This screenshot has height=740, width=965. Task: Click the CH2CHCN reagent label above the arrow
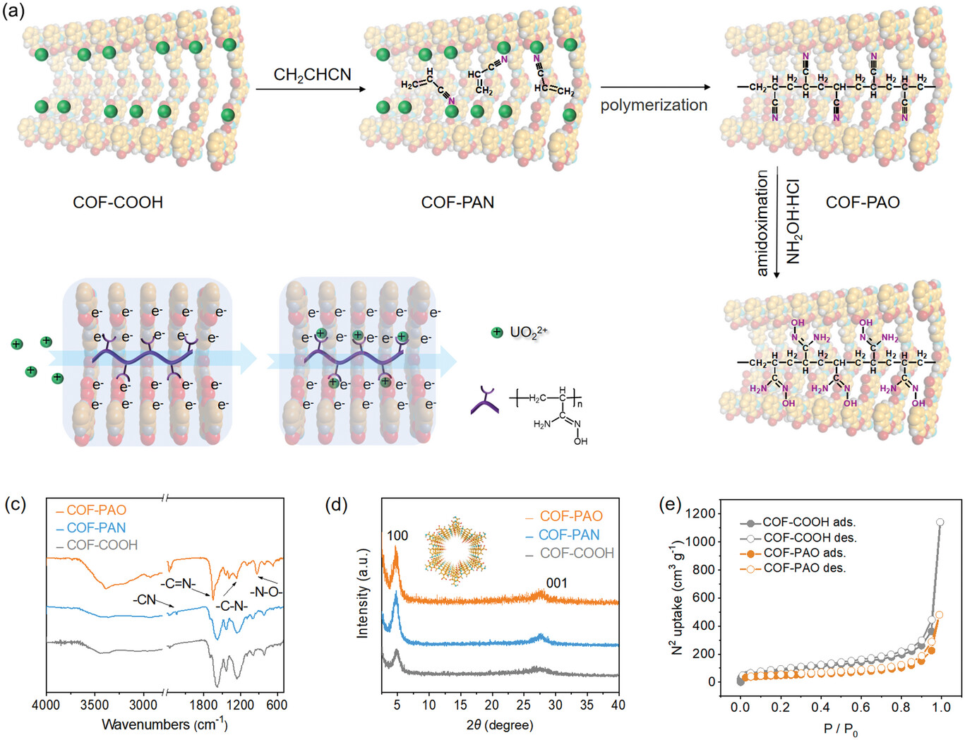[312, 75]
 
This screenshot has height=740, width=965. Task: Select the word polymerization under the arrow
[654, 105]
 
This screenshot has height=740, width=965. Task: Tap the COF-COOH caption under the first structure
[118, 203]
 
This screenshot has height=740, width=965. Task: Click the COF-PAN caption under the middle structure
[457, 203]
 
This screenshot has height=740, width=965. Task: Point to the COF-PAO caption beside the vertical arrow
[863, 203]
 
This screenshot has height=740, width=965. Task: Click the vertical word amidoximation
[762, 223]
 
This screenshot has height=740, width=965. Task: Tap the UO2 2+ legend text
[528, 332]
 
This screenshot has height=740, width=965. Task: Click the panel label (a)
[14, 11]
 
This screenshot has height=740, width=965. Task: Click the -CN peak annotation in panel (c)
[145, 599]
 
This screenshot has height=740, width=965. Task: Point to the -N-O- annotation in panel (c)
[265, 592]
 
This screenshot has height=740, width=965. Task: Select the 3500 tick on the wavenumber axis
[95, 705]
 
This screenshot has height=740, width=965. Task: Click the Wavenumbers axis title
[164, 724]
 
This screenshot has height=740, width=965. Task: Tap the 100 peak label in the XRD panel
[397, 536]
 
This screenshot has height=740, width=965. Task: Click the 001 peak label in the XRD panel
[556, 583]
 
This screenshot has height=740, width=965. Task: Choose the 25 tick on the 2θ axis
[523, 705]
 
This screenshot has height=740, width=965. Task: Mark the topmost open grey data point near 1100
[940, 523]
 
